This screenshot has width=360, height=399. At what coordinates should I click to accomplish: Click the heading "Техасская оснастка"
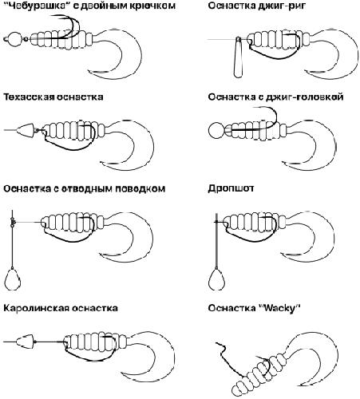pyautogui.click(x=53, y=97)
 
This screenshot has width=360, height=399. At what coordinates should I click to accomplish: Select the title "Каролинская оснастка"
pyautogui.click(x=61, y=307)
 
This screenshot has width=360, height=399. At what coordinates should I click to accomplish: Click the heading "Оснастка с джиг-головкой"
pyautogui.click(x=275, y=97)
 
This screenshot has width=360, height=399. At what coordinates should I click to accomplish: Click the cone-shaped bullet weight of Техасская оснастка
pyautogui.click(x=23, y=128)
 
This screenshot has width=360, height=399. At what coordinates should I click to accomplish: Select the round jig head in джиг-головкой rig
pyautogui.click(x=216, y=129)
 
